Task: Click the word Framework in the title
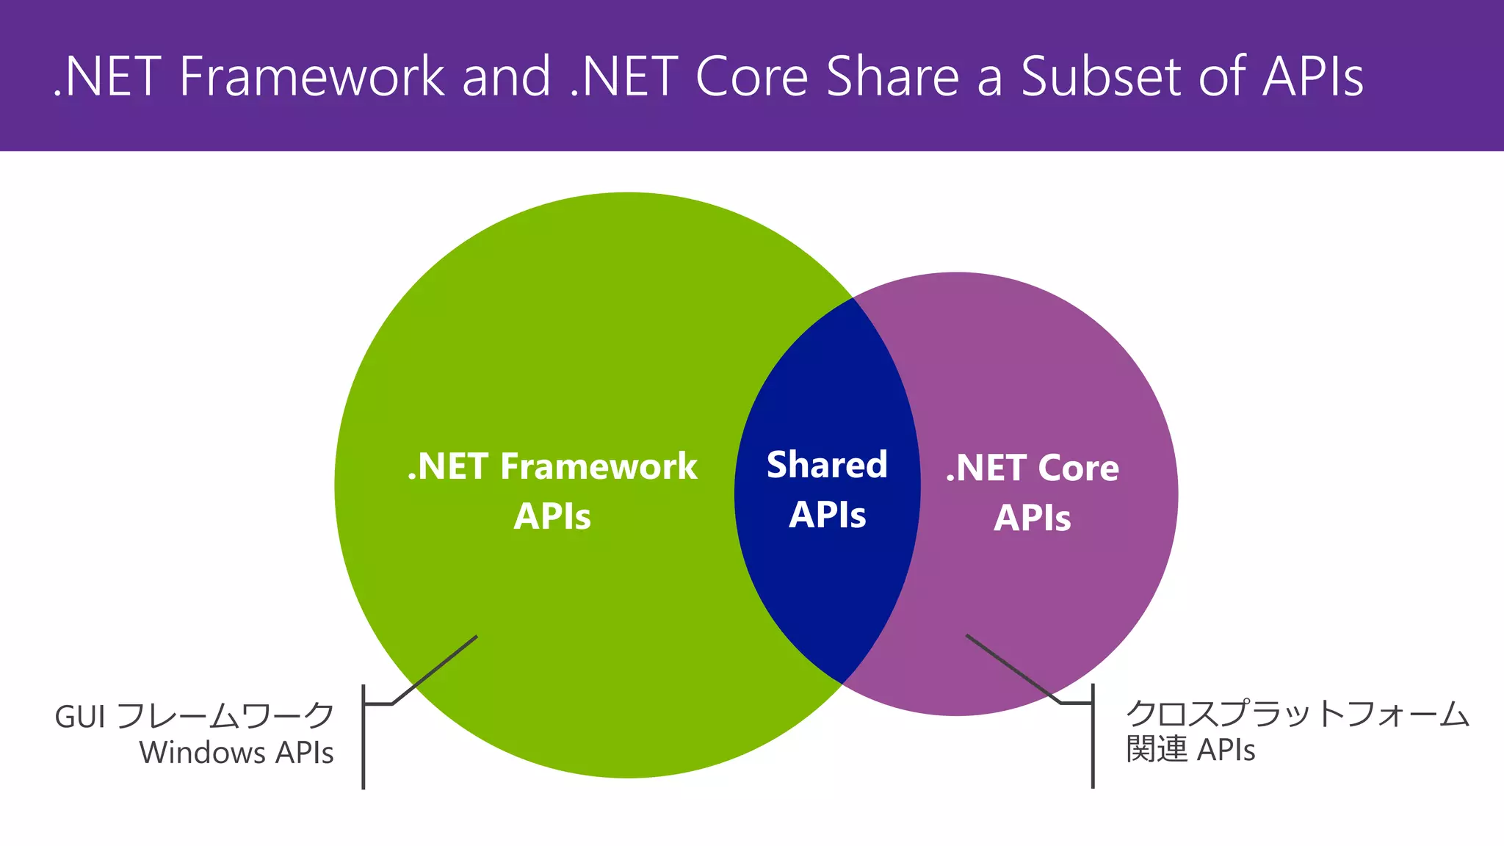(311, 76)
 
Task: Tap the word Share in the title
(892, 76)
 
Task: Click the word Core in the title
(751, 76)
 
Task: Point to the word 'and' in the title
(506, 76)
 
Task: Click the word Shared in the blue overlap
(827, 466)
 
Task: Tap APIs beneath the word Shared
(827, 515)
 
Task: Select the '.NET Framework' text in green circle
(552, 467)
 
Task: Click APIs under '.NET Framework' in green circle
(552, 516)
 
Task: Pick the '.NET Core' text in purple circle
(1032, 469)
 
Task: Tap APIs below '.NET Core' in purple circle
(1032, 518)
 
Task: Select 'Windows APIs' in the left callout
(236, 753)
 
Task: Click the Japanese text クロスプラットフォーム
(1297, 714)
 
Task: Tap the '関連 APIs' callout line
(1190, 750)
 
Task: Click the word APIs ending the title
(1312, 76)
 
